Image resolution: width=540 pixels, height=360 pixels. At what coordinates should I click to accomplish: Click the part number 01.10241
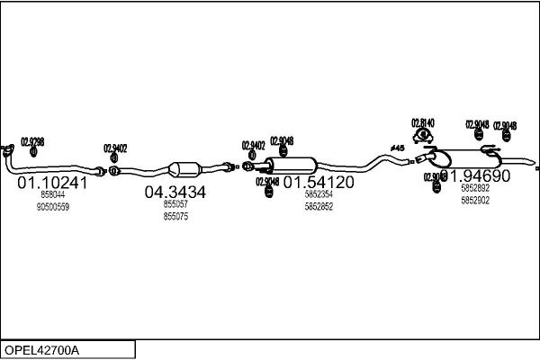52,183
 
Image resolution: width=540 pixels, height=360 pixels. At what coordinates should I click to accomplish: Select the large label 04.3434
175,192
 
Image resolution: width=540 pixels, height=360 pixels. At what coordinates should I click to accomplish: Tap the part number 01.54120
319,183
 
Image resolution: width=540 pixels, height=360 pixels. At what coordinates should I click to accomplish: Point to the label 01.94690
476,176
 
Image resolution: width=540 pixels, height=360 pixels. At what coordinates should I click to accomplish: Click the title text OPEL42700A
43,349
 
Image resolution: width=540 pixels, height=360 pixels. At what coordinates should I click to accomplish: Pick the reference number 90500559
52,207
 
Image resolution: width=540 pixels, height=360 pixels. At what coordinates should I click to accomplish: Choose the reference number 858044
52,194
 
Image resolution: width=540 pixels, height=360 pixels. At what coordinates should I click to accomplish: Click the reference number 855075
175,216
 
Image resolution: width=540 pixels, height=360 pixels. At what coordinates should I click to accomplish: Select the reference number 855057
175,204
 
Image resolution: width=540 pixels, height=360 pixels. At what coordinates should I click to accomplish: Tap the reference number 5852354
319,194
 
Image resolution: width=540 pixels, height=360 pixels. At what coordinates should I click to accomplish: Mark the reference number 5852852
319,206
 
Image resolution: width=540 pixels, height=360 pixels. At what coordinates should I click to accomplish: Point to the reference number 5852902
475,201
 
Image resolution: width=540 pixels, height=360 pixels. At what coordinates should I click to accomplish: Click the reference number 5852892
475,189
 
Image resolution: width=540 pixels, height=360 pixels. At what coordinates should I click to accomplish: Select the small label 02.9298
32,141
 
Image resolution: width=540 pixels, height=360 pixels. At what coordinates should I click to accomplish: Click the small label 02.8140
423,122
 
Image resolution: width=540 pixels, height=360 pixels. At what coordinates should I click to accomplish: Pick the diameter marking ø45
397,148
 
